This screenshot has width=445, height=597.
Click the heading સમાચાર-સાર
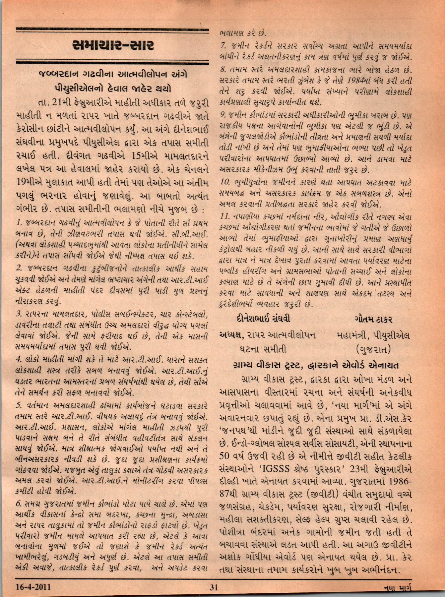tap(113, 46)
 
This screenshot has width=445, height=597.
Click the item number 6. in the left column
tap(19, 505)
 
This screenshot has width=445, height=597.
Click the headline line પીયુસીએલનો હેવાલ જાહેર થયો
tap(113, 89)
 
